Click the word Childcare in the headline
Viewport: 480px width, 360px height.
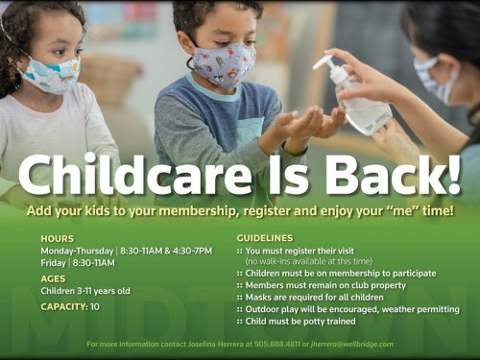135,175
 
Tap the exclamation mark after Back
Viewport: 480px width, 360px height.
453,175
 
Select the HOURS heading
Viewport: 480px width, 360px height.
58,239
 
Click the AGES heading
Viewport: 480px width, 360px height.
53,278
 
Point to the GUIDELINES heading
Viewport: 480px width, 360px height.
265,238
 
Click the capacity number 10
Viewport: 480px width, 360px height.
95,306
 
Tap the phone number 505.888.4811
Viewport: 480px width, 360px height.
277,345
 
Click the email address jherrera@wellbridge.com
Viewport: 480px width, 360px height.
352,345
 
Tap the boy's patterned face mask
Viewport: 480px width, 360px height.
224,64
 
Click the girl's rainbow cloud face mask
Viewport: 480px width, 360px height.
51,75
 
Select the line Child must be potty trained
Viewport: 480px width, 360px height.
300,321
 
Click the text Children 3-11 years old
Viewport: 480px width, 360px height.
85,291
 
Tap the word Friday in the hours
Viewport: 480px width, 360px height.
53,263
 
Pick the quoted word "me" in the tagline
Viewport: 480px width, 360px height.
400,211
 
